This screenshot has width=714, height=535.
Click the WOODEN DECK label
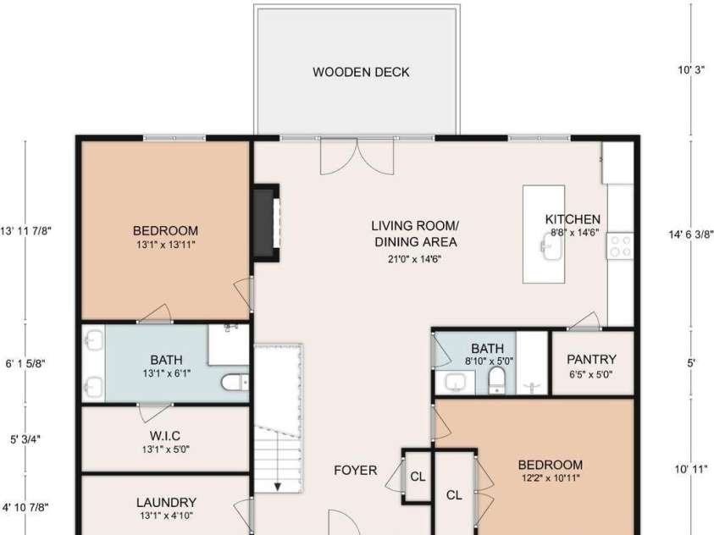(361, 72)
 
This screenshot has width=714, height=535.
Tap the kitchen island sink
(551, 246)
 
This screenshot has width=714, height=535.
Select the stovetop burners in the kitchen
(620, 245)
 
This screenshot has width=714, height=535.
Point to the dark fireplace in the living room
(265, 223)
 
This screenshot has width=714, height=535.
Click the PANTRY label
(591, 360)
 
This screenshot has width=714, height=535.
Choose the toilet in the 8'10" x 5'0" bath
(497, 379)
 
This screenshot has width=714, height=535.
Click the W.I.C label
(165, 436)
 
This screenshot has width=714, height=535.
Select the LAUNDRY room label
(166, 502)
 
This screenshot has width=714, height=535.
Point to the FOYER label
(356, 470)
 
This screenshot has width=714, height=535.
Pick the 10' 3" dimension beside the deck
(691, 69)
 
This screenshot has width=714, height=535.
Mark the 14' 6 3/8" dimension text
(691, 234)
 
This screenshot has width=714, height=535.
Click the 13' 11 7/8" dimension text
(25, 230)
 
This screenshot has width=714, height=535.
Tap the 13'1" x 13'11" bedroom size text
(166, 245)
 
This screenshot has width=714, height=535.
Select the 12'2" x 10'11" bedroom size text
(551, 478)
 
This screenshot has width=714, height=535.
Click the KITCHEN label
(573, 219)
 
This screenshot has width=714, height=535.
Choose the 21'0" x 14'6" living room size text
(415, 259)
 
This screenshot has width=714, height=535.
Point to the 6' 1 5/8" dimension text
(25, 363)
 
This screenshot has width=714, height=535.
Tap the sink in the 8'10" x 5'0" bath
(455, 382)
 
